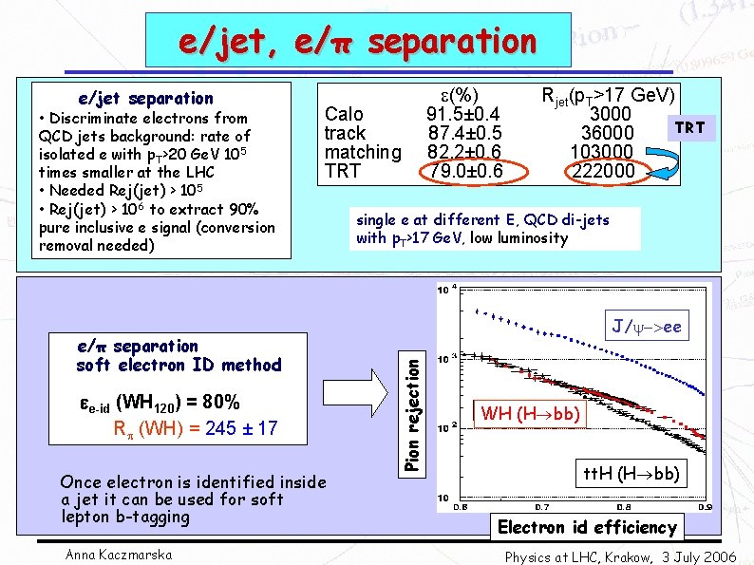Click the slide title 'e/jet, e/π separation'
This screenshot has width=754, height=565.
(358, 41)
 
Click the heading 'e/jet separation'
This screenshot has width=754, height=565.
(145, 98)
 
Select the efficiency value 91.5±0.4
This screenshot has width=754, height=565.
(463, 114)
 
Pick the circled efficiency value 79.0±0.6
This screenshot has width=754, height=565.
(463, 171)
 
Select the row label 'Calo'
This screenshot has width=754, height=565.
(344, 114)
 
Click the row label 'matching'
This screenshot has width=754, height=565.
(363, 152)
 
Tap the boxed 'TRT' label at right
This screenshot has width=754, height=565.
(689, 127)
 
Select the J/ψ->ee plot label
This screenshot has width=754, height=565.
(646, 328)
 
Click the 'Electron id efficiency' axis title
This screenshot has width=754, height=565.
(587, 527)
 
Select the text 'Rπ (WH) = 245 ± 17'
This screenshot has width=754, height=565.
(195, 428)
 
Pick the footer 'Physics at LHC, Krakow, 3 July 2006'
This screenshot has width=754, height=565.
(620, 556)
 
